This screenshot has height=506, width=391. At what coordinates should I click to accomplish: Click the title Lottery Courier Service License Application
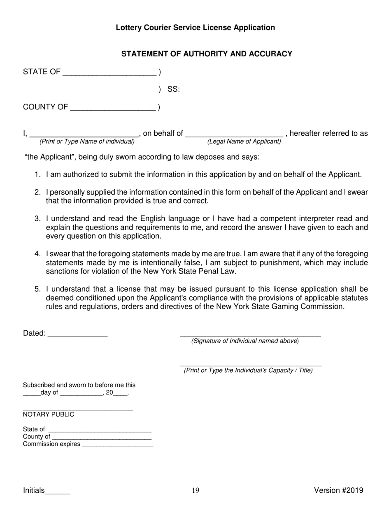pyautogui.click(x=195, y=28)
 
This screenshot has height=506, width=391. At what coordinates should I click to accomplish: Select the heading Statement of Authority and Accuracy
pyautogui.click(x=207, y=54)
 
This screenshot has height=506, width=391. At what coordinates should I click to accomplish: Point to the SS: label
pyautogui.click(x=173, y=89)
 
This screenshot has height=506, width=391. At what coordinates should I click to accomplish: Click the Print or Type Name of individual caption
pyautogui.click(x=87, y=142)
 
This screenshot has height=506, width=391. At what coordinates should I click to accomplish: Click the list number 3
pyautogui.click(x=37, y=218)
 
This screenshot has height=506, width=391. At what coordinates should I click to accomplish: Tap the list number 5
pyautogui.click(x=37, y=289)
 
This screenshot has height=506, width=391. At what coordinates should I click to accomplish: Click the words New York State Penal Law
pyautogui.click(x=195, y=271)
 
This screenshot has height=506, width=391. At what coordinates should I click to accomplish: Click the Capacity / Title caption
pyautogui.click(x=248, y=370)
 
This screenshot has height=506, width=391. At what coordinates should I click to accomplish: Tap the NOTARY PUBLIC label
pyautogui.click(x=49, y=414)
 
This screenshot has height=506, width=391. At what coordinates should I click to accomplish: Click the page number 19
pyautogui.click(x=195, y=490)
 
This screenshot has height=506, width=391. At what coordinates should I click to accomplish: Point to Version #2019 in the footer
pyautogui.click(x=338, y=490)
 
